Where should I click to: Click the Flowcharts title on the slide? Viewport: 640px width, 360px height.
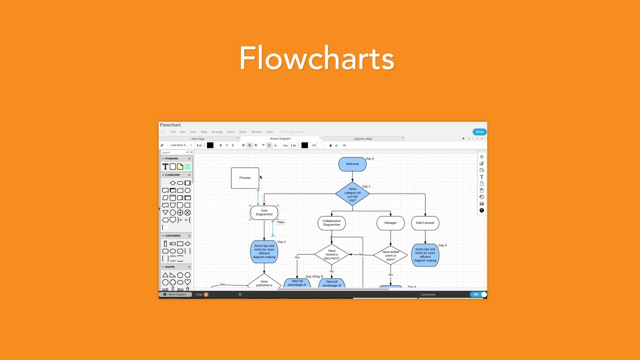(317, 58)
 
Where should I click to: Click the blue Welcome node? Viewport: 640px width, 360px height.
(352, 164)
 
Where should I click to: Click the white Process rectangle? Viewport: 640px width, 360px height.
(245, 178)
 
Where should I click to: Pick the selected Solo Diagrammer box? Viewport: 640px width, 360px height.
(264, 212)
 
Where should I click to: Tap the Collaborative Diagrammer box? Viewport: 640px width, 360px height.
(331, 223)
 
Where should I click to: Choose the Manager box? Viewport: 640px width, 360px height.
(390, 223)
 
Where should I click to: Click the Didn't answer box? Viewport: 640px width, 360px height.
(425, 223)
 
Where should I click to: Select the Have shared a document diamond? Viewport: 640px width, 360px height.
(331, 254)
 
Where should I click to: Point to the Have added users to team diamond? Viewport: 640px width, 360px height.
(390, 255)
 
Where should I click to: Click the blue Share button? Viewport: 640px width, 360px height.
(479, 132)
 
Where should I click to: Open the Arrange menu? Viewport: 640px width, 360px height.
(217, 132)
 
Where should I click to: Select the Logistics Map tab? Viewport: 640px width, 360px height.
(362, 139)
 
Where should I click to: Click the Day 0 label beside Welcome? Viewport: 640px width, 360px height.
(369, 159)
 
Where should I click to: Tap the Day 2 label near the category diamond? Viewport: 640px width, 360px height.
(366, 186)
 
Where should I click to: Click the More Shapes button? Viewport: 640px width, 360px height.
(176, 294)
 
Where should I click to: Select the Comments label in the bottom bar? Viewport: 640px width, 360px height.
(428, 294)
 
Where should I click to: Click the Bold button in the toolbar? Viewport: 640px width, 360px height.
(220, 145)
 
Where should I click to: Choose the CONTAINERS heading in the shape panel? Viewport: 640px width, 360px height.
(172, 235)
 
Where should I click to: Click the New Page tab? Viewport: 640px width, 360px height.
(198, 139)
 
